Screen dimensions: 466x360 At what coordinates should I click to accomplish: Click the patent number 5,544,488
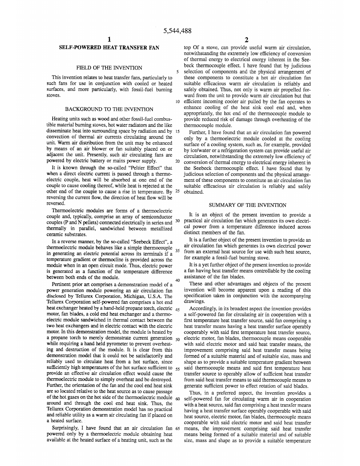(178, 31)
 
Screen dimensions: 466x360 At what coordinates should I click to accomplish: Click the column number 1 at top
(109, 39)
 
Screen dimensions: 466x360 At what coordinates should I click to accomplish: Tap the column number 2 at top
(247, 40)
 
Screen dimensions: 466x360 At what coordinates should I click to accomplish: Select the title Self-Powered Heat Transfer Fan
(109, 48)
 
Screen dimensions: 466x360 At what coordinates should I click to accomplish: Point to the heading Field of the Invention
(109, 68)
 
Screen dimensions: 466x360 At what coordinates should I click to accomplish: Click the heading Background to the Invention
(109, 109)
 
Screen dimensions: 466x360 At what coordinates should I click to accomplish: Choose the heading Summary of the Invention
(247, 205)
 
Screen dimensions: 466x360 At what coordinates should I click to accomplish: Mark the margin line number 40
(178, 281)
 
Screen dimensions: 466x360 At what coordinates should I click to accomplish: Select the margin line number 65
(178, 429)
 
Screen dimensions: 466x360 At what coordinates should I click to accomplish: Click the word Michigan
(134, 296)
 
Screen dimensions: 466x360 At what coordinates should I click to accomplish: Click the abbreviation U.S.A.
(155, 296)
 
